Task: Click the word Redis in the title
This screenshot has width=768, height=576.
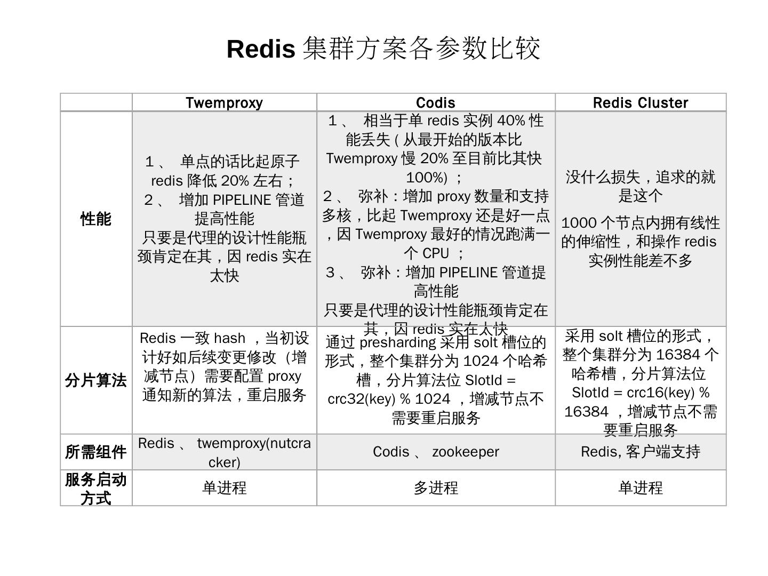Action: [261, 49]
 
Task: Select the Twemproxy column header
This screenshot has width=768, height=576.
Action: [224, 102]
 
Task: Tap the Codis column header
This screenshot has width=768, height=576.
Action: [436, 102]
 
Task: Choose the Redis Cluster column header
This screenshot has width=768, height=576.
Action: [641, 102]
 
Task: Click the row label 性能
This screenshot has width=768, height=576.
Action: [96, 219]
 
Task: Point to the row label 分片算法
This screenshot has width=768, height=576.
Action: [96, 380]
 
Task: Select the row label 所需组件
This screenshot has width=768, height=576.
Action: [96, 452]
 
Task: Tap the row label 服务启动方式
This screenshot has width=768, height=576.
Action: [96, 488]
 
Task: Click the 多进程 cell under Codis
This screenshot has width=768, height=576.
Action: [436, 487]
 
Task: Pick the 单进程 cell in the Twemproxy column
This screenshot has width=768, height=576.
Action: [224, 487]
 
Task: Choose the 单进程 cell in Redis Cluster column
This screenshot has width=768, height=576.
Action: [641, 487]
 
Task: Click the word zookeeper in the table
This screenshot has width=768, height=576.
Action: [466, 452]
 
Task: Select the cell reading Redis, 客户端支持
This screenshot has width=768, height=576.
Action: [641, 452]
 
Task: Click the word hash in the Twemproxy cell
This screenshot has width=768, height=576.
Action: [229, 338]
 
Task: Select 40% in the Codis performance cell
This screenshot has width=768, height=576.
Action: [511, 121]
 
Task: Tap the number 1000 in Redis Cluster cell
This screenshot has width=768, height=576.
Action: [578, 223]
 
